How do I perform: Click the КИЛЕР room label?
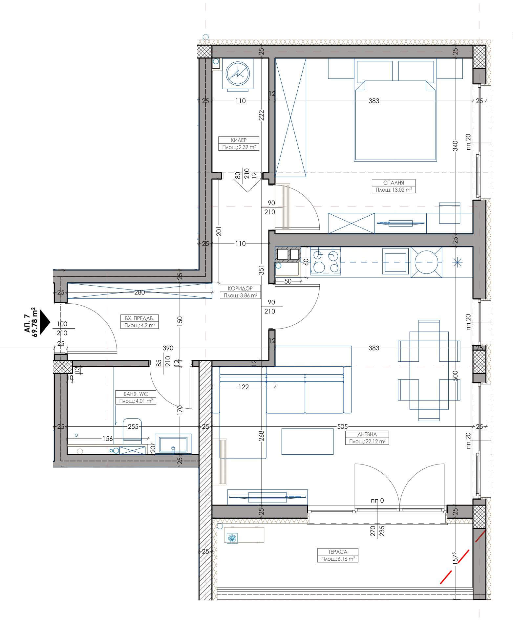point(239,140)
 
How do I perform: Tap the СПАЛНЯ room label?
point(394,183)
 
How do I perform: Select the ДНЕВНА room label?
point(367,434)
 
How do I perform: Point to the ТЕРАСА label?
point(337,552)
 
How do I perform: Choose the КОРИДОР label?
point(240,288)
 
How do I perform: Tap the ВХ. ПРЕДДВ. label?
point(139,318)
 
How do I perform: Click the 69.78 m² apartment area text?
point(33,322)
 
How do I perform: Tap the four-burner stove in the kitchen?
point(325,262)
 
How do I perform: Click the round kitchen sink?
point(426,262)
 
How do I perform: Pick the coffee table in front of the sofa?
point(307,442)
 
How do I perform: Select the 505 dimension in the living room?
point(342,427)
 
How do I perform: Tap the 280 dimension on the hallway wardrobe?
point(139,292)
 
